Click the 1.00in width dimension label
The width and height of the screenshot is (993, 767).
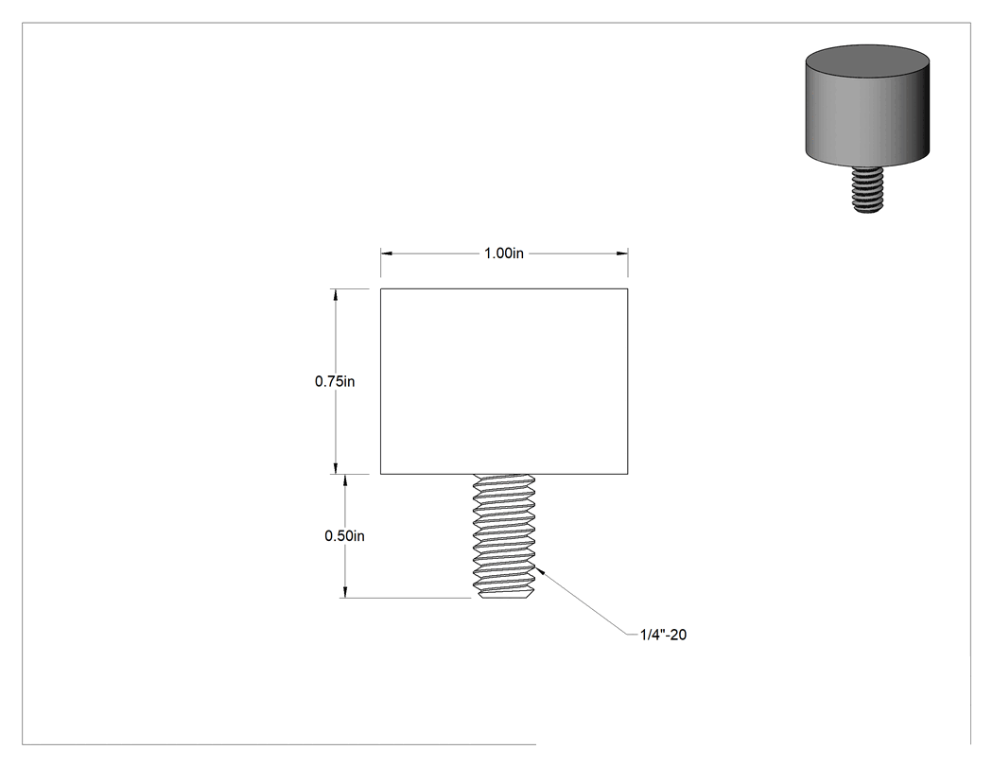[x=503, y=253]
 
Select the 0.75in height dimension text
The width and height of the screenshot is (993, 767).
[x=335, y=381]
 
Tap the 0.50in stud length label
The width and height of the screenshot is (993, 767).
[x=344, y=536]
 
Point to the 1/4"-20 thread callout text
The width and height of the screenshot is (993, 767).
[x=663, y=635]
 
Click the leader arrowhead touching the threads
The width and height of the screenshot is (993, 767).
[x=540, y=571]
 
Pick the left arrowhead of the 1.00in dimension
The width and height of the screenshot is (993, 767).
[x=386, y=253]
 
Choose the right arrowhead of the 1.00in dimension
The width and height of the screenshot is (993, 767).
[x=622, y=253]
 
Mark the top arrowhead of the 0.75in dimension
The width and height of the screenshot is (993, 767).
[x=335, y=295]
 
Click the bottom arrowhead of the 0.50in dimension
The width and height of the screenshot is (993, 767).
[x=345, y=591]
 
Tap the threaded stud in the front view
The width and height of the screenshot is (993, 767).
[x=504, y=536]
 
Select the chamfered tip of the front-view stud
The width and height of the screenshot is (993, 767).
[x=504, y=594]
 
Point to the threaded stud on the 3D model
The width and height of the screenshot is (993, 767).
[x=867, y=189]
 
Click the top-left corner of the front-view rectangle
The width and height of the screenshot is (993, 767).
[x=380, y=288]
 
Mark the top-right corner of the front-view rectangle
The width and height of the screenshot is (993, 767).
[x=628, y=288]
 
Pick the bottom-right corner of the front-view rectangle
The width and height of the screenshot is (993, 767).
[x=628, y=474]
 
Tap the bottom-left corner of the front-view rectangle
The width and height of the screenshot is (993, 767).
[x=380, y=474]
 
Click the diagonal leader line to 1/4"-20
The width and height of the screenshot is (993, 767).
[x=583, y=602]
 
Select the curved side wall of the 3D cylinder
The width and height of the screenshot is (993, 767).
[x=867, y=120]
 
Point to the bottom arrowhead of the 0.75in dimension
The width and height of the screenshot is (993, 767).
[x=335, y=467]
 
